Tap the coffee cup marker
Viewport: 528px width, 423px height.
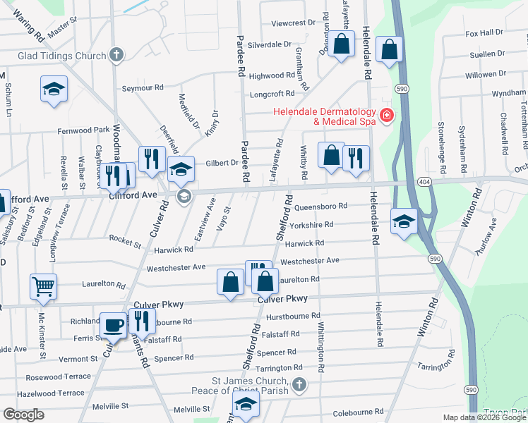tap(114, 325)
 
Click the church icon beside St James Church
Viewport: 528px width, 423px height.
tap(299, 384)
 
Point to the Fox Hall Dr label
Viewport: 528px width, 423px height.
tap(484, 32)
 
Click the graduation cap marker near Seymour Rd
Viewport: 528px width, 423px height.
tap(54, 89)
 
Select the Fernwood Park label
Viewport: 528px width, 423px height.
tap(83, 130)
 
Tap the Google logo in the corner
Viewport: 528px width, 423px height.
tap(23, 415)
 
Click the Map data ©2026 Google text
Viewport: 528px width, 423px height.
tap(484, 417)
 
